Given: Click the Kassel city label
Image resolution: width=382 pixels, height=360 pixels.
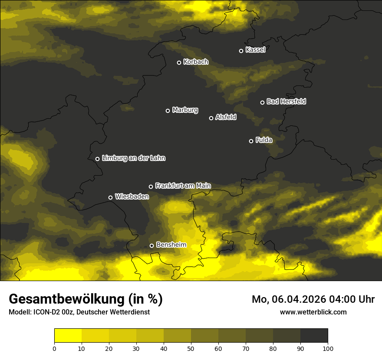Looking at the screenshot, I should (x=255, y=50).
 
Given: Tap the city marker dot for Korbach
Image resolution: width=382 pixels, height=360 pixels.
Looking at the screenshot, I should (x=179, y=62).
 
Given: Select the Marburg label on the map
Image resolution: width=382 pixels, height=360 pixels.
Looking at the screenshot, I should (x=185, y=110).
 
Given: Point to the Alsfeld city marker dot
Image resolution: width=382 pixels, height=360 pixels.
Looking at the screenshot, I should (x=211, y=118).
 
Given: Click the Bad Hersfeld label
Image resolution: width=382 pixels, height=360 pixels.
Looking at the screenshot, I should (x=286, y=101).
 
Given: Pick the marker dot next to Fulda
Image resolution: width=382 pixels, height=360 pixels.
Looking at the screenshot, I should (x=251, y=141).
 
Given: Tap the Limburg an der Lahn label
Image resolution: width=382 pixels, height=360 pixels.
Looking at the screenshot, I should (x=133, y=158).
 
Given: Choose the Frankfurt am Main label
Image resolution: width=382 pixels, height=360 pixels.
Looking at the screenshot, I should (x=183, y=186).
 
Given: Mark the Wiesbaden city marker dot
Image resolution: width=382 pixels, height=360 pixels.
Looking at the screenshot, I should (x=110, y=197).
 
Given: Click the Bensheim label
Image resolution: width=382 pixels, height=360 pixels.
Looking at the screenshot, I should (x=171, y=245).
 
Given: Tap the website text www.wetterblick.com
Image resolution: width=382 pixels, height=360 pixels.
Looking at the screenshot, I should (x=313, y=312).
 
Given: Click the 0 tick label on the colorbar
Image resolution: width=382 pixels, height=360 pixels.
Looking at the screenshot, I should (x=54, y=348).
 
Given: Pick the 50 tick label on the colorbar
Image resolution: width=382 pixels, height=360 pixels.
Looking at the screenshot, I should (x=191, y=348).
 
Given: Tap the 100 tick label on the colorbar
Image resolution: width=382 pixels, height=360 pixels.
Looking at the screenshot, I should (x=328, y=348).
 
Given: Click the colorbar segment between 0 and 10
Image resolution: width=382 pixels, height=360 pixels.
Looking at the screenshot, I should (x=68, y=336).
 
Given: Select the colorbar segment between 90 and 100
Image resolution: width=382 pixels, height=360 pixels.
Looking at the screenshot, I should (x=314, y=336).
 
